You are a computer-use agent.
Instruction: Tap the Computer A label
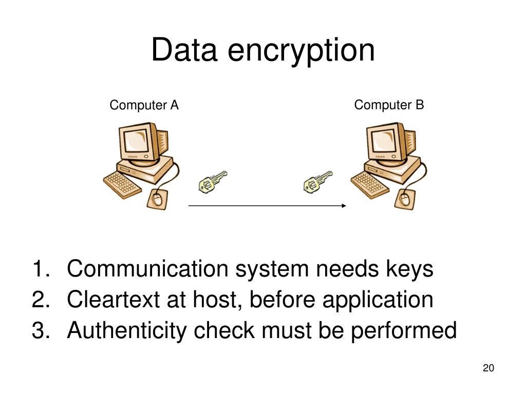coord(144,106)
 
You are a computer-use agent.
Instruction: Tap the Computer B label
coord(389,105)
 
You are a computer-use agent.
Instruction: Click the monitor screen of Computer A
coord(136,140)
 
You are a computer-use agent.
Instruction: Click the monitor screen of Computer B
coord(383,139)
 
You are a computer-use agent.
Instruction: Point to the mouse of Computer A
coord(157,198)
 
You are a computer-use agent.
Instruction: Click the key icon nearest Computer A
coord(211,181)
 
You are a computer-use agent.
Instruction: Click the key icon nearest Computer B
coord(317,181)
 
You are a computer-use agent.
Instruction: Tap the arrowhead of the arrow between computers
coord(345,206)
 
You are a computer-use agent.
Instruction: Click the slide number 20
coord(488,368)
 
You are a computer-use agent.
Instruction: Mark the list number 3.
coord(39,331)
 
